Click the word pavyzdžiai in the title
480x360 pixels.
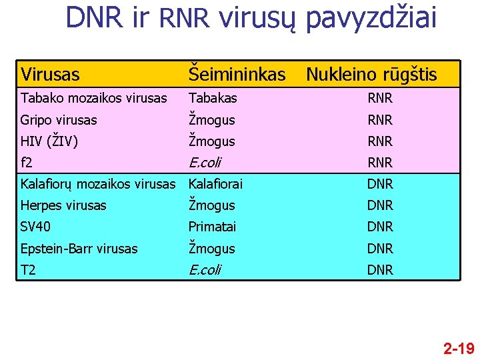[371, 19]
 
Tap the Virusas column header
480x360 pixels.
[50, 74]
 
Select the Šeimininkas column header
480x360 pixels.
[237, 74]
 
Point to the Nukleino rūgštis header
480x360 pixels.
[371, 74]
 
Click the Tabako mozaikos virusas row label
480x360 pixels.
[94, 99]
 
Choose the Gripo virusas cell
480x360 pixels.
[59, 120]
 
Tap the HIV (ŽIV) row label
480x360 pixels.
[49, 141]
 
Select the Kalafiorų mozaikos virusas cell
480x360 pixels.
[98, 184]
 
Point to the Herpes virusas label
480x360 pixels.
[63, 205]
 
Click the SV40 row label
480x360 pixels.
[35, 227]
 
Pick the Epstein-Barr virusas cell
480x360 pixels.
[79, 249]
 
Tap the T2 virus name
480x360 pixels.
[28, 270]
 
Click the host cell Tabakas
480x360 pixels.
[213, 99]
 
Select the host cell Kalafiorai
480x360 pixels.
[215, 184]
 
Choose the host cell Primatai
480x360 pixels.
[212, 227]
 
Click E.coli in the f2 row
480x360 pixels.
[205, 163]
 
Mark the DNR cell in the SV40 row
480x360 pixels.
[380, 227]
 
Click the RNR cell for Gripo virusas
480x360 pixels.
[380, 120]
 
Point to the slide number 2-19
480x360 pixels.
[459, 348]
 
